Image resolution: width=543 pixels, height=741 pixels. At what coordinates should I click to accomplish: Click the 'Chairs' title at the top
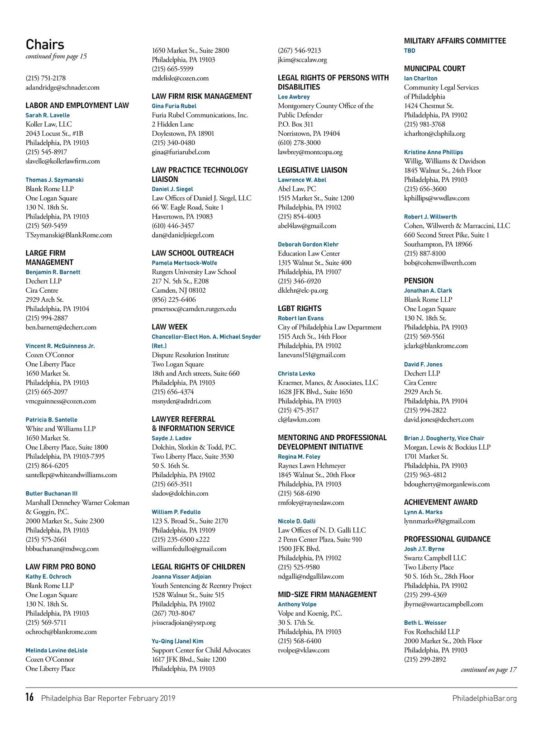tap(45, 44)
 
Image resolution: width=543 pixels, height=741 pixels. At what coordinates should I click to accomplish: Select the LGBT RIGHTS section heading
tap(300, 309)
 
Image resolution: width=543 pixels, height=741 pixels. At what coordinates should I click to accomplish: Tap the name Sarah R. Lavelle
tap(48, 115)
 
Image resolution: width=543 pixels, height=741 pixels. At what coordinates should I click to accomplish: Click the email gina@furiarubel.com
tap(181, 152)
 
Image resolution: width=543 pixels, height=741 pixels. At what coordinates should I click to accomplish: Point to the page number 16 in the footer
tap(29, 697)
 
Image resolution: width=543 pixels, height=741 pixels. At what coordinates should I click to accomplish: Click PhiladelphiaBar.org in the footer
tap(484, 698)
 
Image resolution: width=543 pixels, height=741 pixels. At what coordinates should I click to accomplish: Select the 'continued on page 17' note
tap(488, 670)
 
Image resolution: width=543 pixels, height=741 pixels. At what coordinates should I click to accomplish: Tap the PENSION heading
tap(419, 281)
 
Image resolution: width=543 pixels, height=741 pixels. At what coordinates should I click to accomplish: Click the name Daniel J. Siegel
tap(172, 189)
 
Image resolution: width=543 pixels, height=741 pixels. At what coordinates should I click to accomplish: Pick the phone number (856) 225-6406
tap(174, 299)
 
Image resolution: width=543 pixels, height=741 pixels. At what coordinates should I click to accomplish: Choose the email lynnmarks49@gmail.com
tap(439, 521)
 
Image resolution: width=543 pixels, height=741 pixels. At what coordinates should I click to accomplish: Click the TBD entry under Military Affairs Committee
tap(410, 51)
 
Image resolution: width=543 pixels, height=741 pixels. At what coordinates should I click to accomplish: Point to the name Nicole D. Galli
tap(296, 521)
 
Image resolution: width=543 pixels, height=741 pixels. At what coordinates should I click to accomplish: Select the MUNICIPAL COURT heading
tap(434, 69)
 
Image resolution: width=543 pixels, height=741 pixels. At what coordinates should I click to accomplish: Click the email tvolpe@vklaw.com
tap(303, 650)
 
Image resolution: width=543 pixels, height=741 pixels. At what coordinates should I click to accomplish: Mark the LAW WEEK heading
tap(169, 327)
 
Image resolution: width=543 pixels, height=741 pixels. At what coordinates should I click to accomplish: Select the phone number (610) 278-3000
tap(299, 142)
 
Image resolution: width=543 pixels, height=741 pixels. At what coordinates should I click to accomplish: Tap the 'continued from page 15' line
tap(56, 57)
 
